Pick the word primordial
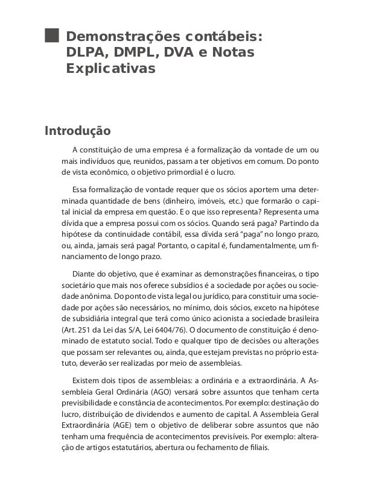click(x=192, y=172)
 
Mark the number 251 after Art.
click(x=88, y=330)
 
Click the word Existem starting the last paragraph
click(x=87, y=380)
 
